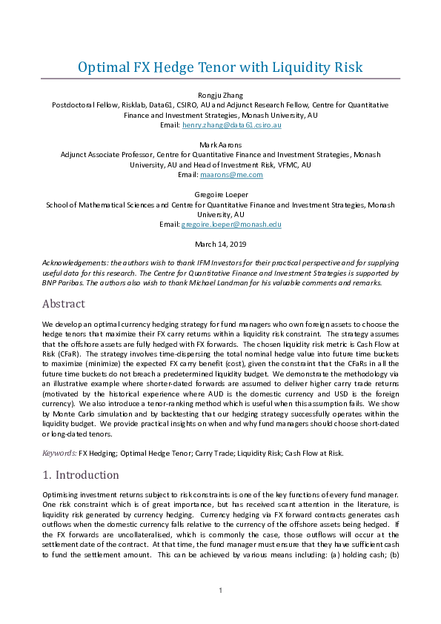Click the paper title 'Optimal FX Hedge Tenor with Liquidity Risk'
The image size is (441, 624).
(x=220, y=67)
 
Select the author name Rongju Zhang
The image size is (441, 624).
(x=220, y=94)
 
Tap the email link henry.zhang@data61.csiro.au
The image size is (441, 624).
(x=232, y=127)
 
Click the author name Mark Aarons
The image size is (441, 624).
(x=220, y=144)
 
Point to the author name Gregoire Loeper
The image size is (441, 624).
(x=220, y=192)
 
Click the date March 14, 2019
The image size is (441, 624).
(x=220, y=244)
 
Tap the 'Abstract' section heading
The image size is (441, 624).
(x=64, y=303)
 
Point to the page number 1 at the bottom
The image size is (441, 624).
(x=220, y=590)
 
